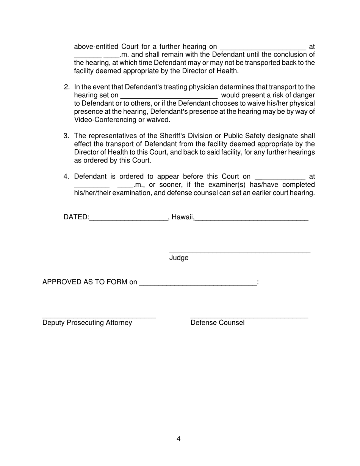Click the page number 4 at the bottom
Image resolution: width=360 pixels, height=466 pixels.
[178, 439]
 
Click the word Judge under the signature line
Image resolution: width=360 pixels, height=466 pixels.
[179, 258]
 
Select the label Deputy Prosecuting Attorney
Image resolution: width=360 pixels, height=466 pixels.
[87, 323]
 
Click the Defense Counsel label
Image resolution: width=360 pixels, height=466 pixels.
[218, 323]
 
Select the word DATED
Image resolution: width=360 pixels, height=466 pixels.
[75, 217]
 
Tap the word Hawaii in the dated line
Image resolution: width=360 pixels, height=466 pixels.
[182, 217]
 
